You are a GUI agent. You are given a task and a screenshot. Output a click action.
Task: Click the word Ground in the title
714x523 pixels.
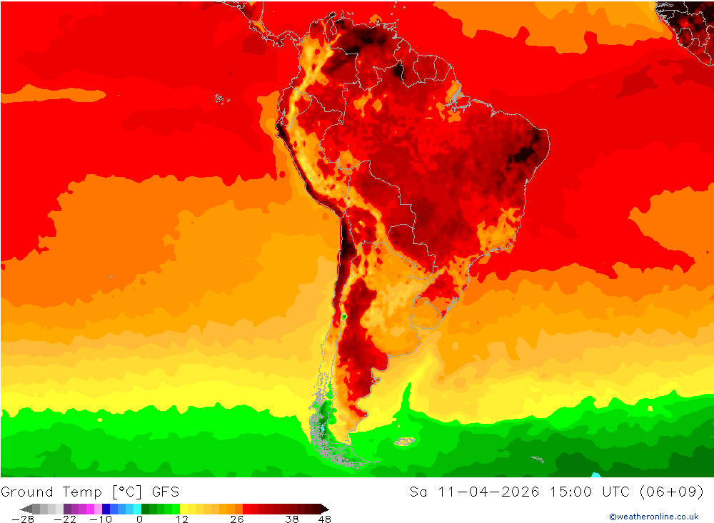pos(27,492)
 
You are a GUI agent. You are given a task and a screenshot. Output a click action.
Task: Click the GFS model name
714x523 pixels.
pos(165,492)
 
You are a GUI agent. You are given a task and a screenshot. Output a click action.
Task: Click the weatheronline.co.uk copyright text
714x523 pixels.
pos(653,517)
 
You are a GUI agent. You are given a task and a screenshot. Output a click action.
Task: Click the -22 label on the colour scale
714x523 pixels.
pos(69,519)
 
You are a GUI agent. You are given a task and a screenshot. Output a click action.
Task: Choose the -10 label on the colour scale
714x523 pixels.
pos(101,519)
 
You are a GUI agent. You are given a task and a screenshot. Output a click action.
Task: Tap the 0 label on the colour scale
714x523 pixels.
pos(139,519)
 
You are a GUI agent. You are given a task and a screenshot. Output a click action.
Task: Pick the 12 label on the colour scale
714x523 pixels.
pos(182,519)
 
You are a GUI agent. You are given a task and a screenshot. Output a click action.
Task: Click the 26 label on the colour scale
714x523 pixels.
pos(236,519)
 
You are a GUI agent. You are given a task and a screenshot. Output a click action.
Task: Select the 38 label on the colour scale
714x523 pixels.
pos(292,519)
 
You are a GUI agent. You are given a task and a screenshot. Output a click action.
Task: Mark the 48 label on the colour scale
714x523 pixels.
pos(323,519)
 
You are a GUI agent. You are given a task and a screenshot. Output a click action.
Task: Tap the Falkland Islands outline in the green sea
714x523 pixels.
pos(405,442)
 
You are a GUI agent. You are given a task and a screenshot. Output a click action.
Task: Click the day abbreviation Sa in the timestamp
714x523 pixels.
pos(418,492)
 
